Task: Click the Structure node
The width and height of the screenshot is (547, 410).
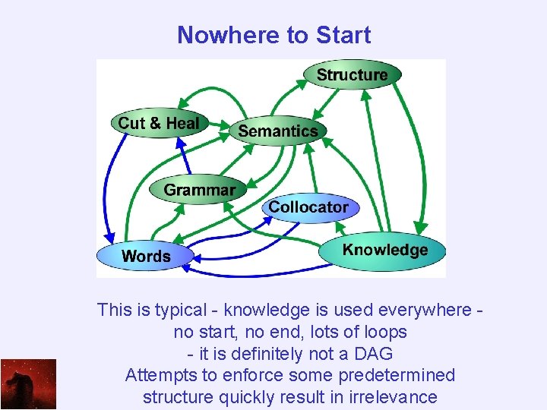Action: [352, 74]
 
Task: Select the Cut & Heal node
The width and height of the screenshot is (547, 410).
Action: [159, 123]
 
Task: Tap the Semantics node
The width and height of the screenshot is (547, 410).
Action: [278, 131]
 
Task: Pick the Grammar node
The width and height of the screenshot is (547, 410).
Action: [200, 190]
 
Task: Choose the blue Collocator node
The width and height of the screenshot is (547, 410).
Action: [308, 207]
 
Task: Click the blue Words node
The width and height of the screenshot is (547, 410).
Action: [146, 256]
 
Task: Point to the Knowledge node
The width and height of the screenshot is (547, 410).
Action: [384, 250]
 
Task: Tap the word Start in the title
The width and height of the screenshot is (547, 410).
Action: [343, 35]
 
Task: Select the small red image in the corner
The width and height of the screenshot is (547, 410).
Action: [28, 384]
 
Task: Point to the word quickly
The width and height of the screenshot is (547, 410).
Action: [245, 397]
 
